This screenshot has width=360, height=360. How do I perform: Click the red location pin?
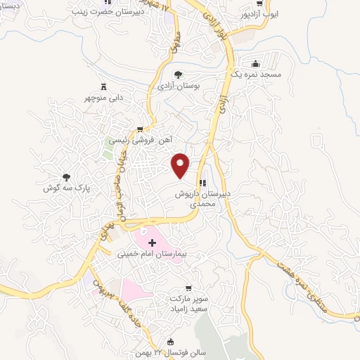pyautogui.click(x=181, y=164)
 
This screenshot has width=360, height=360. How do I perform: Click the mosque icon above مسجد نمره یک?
pyautogui.click(x=254, y=63)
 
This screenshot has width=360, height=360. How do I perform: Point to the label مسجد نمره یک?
pyautogui.click(x=259, y=74)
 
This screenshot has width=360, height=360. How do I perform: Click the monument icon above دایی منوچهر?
pyautogui.click(x=105, y=86)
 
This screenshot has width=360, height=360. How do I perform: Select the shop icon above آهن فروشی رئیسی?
pyautogui.click(x=141, y=129)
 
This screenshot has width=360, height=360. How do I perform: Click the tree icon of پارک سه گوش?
pyautogui.click(x=67, y=177)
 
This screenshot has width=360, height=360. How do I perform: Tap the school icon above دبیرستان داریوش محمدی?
pyautogui.click(x=202, y=183)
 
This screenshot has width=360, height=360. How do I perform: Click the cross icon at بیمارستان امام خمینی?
pyautogui.click(x=152, y=242)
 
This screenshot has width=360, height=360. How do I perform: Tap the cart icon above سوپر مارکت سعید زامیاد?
pyautogui.click(x=188, y=288)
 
